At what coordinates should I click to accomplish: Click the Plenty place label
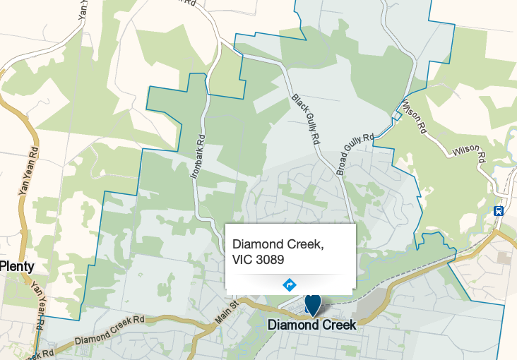[17, 266]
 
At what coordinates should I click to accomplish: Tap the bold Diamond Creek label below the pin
[312, 325]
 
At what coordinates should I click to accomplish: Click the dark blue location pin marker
[312, 304]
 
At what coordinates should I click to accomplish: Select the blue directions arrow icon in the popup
[289, 285]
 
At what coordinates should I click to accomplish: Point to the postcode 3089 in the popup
[271, 260]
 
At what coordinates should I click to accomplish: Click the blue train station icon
[499, 210]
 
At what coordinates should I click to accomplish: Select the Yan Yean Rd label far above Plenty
[26, 172]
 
